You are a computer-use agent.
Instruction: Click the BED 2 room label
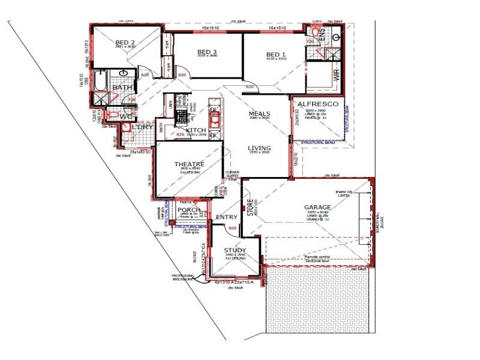click(x=124, y=42)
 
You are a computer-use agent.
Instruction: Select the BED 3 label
click(x=207, y=52)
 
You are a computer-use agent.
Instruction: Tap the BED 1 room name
click(x=277, y=55)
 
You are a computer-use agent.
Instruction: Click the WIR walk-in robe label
click(x=337, y=75)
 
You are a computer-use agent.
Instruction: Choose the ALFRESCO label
click(x=319, y=104)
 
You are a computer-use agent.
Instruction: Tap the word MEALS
click(x=260, y=113)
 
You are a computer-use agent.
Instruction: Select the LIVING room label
click(x=260, y=148)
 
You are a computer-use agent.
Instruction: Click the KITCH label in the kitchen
click(x=196, y=130)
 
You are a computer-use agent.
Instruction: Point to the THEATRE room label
click(x=189, y=164)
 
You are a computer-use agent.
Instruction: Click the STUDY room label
click(x=235, y=250)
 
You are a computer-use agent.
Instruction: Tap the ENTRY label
click(x=227, y=217)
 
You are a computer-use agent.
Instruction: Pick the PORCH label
click(x=189, y=209)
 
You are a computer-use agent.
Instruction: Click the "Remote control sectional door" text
click(x=317, y=259)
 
